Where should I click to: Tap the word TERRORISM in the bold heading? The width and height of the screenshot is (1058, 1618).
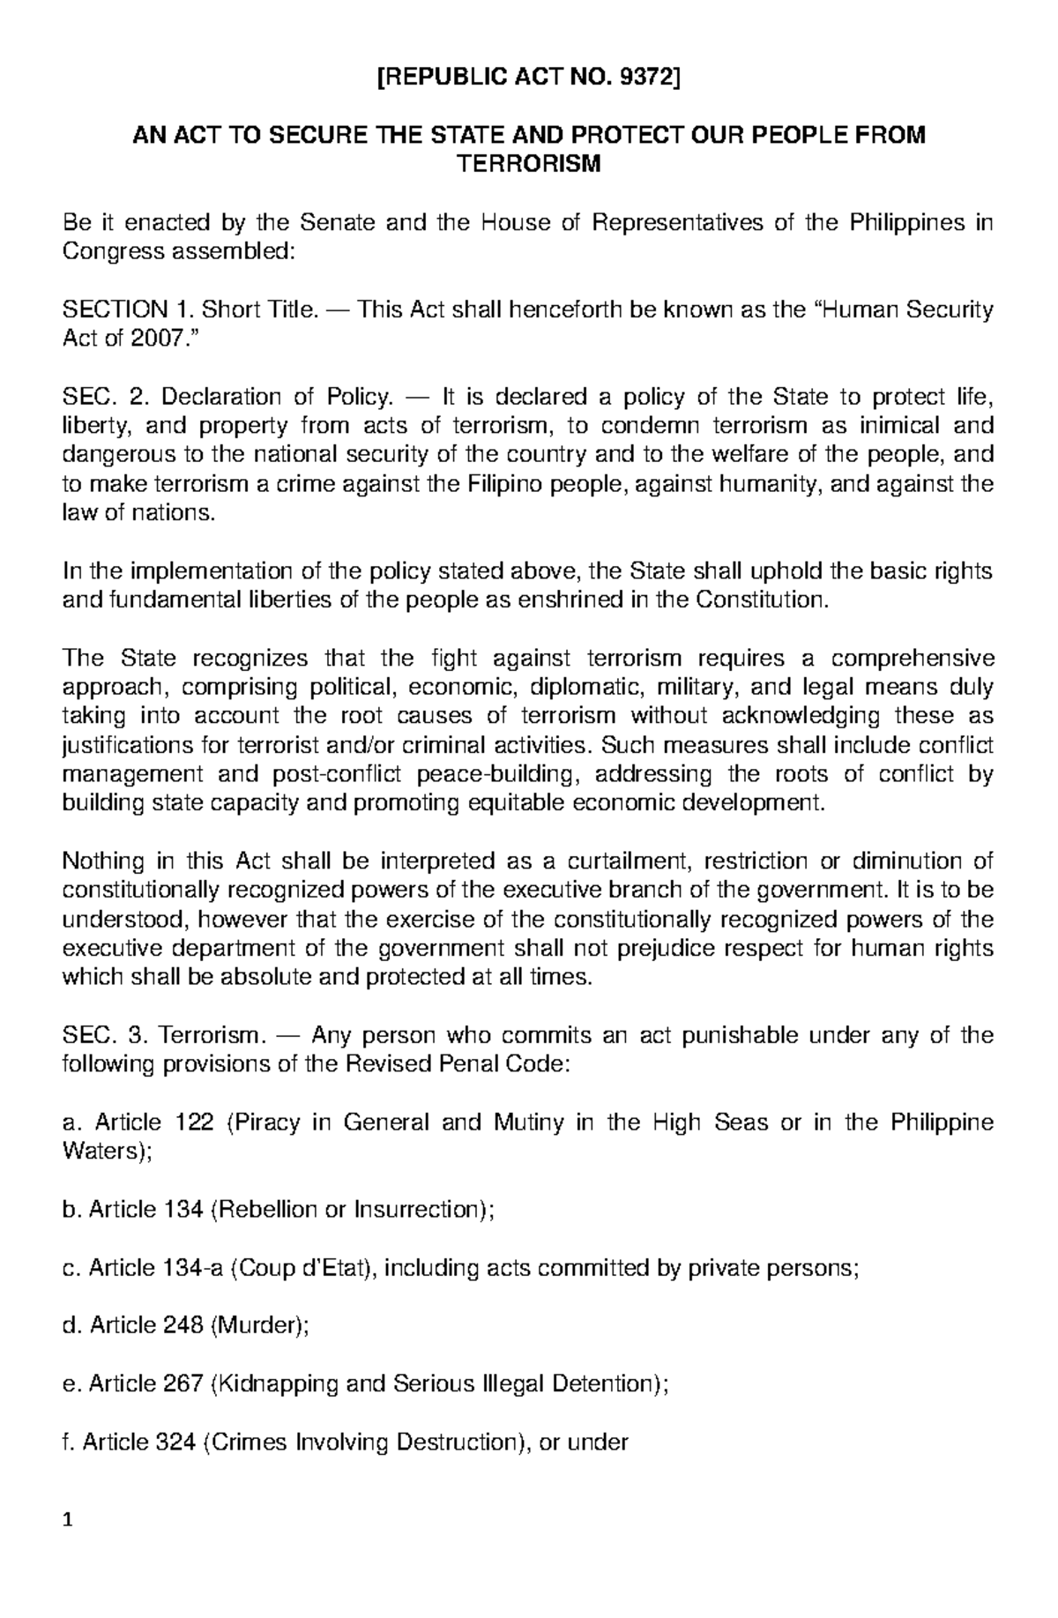pos(527,164)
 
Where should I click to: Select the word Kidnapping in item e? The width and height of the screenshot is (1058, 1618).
pos(274,1383)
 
